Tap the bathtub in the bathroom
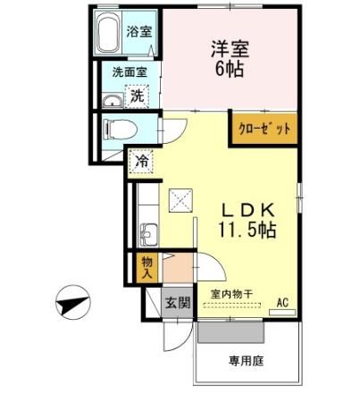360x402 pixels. coord(109,35)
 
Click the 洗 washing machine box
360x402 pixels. coord(138,94)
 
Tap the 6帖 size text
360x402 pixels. coord(230,69)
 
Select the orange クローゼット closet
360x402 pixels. coord(264,128)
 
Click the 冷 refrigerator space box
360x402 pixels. coord(141,162)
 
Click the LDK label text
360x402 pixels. coord(249,208)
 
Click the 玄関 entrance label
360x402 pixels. coord(177,302)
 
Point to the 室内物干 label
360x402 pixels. coord(230,294)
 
